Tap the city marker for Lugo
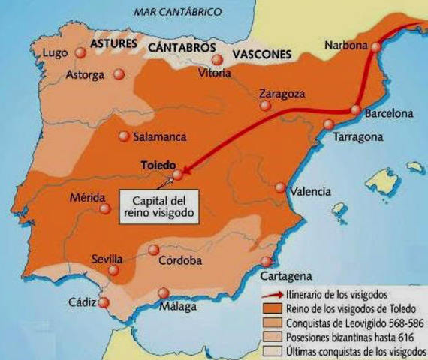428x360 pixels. [81, 52]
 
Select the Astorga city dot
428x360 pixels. [119, 74]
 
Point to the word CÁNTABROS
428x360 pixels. [180, 46]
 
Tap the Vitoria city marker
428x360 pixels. [217, 59]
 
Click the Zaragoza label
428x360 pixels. [282, 94]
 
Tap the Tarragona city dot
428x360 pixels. [328, 124]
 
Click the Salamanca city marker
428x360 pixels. [124, 136]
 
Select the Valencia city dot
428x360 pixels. [280, 187]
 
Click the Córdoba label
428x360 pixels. [180, 261]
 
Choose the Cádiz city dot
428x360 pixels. [104, 302]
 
